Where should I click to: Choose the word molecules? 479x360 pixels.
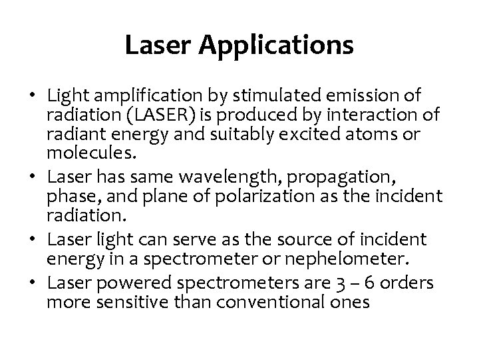[x=80, y=154]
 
